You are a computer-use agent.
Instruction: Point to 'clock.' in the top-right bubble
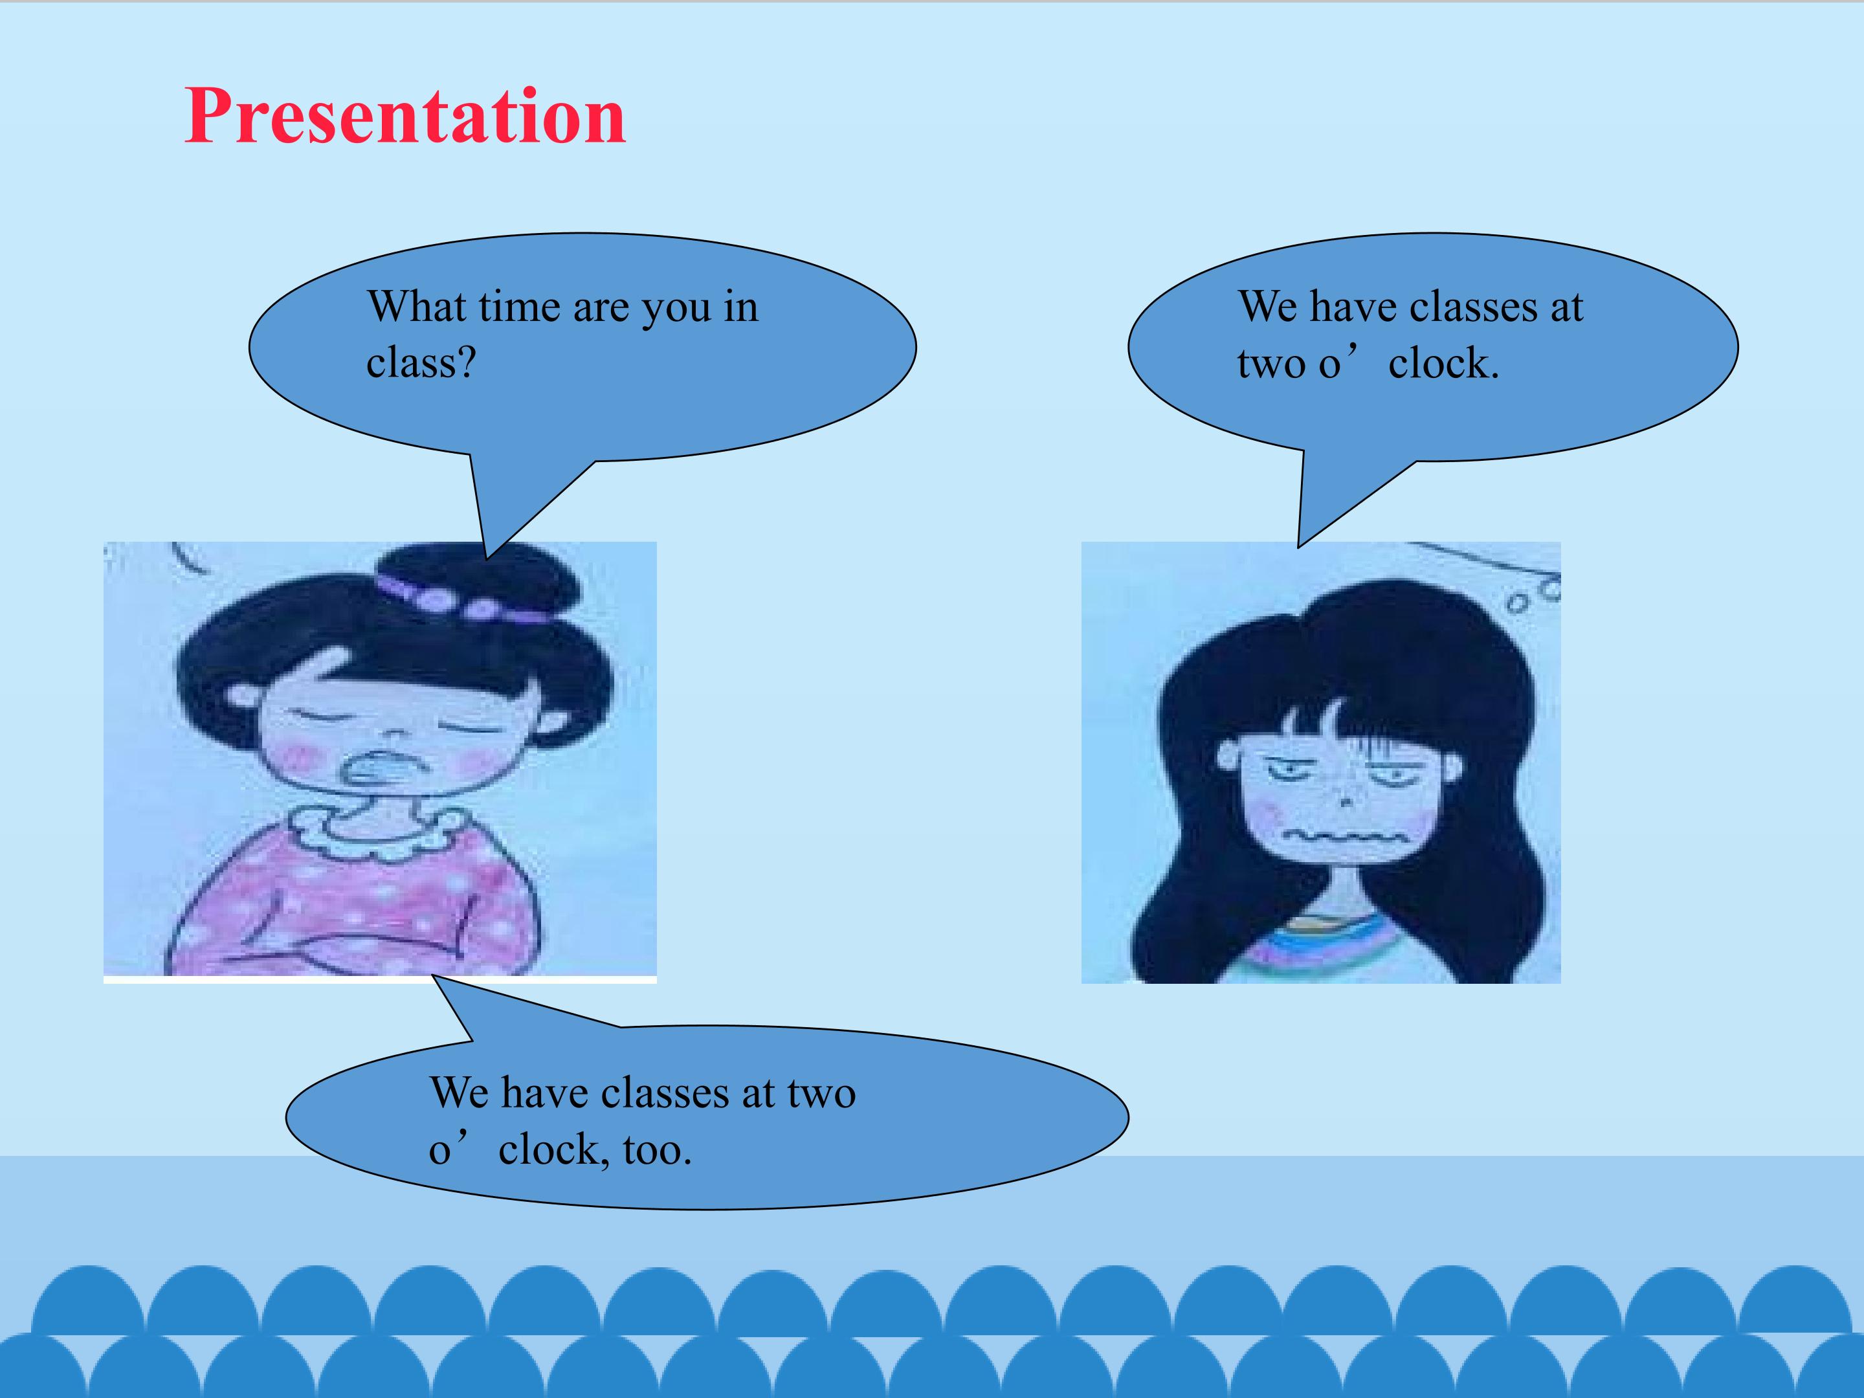1443,363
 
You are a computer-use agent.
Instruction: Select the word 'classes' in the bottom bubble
665,1093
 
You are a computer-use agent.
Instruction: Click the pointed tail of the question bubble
486,558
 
